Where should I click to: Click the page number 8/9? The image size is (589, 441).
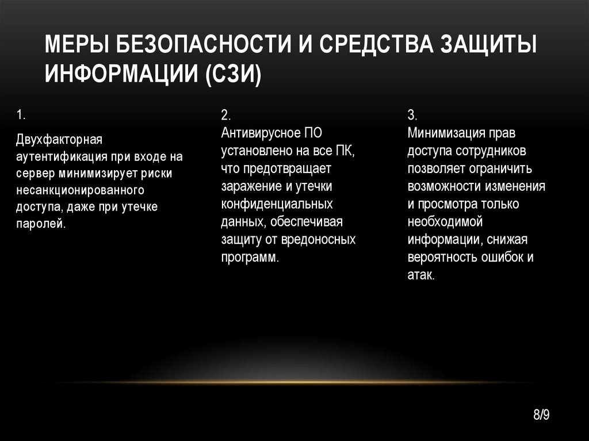pos(542,415)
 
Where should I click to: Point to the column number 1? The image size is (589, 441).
pos(20,115)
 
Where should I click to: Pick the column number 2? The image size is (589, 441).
pos(225,114)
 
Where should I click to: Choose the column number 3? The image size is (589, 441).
pos(412,114)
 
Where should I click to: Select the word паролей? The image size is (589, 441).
pos(40,223)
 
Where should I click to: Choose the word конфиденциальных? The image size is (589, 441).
pos(277,205)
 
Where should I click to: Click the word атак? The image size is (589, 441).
pos(421,275)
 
